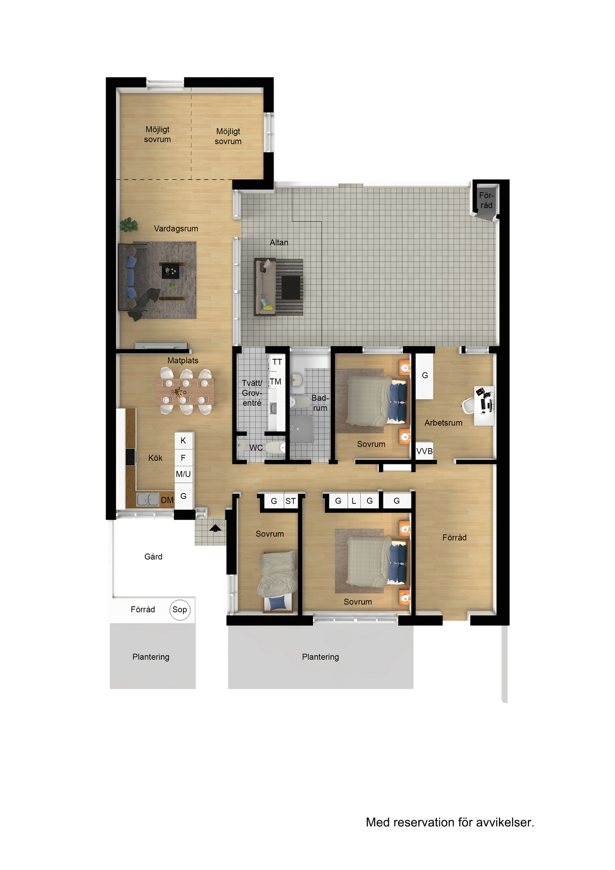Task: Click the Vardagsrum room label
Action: pyautogui.click(x=176, y=229)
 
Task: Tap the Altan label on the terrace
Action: pyautogui.click(x=279, y=242)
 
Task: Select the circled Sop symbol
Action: pyautogui.click(x=180, y=610)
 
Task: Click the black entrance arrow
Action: pyautogui.click(x=215, y=528)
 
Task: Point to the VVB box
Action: pyautogui.click(x=425, y=451)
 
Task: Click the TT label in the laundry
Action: pyautogui.click(x=277, y=362)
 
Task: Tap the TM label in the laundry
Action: pyautogui.click(x=276, y=382)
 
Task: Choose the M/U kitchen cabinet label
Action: pyautogui.click(x=183, y=474)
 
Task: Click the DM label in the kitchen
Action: pyautogui.click(x=167, y=500)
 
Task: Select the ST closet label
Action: pyautogui.click(x=291, y=501)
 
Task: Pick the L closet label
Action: pyautogui.click(x=354, y=501)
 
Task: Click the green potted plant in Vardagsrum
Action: pyautogui.click(x=129, y=225)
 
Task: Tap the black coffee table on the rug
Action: pyautogui.click(x=171, y=271)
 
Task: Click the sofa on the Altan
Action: pyautogui.click(x=265, y=287)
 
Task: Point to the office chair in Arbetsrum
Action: pyautogui.click(x=468, y=405)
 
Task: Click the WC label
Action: pyautogui.click(x=256, y=448)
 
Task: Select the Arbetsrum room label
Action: pyautogui.click(x=443, y=423)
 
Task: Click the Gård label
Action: pyautogui.click(x=153, y=557)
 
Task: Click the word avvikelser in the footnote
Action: pyautogui.click(x=504, y=822)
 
